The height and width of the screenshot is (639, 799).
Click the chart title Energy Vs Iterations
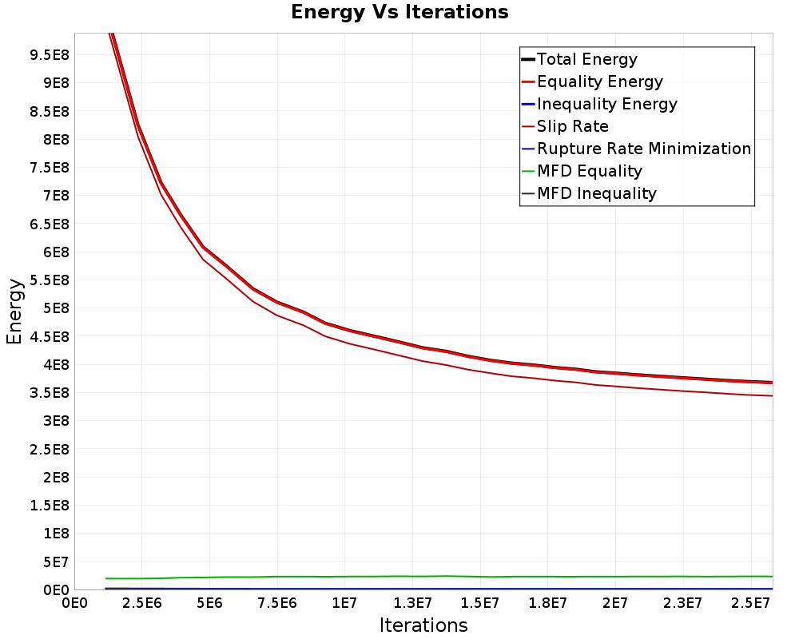[x=399, y=12]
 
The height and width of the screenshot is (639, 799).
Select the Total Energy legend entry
[x=579, y=59]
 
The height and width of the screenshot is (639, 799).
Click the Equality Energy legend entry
[x=593, y=81]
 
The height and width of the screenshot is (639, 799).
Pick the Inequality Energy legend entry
[x=600, y=104]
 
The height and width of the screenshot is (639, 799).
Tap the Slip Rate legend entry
[x=565, y=126]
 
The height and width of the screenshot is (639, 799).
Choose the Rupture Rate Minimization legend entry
[x=637, y=149]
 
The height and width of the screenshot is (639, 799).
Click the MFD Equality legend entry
[x=582, y=171]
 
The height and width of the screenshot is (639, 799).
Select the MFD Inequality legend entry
[x=589, y=193]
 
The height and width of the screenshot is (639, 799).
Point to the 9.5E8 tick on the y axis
[x=50, y=55]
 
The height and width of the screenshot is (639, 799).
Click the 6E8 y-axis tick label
[x=56, y=252]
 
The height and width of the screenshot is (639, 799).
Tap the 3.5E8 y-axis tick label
[x=50, y=393]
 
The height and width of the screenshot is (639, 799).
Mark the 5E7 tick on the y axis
[x=56, y=562]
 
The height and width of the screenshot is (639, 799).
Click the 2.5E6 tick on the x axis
[x=141, y=604]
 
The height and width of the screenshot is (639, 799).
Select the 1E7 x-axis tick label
[x=344, y=604]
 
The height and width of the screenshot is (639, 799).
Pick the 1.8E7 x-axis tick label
[x=547, y=604]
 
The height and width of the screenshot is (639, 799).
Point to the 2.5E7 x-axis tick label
[x=750, y=604]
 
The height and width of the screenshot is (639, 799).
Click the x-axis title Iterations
[x=423, y=625]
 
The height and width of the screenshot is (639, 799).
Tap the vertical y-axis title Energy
[x=14, y=312]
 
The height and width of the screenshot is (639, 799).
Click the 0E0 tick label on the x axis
[x=74, y=604]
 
